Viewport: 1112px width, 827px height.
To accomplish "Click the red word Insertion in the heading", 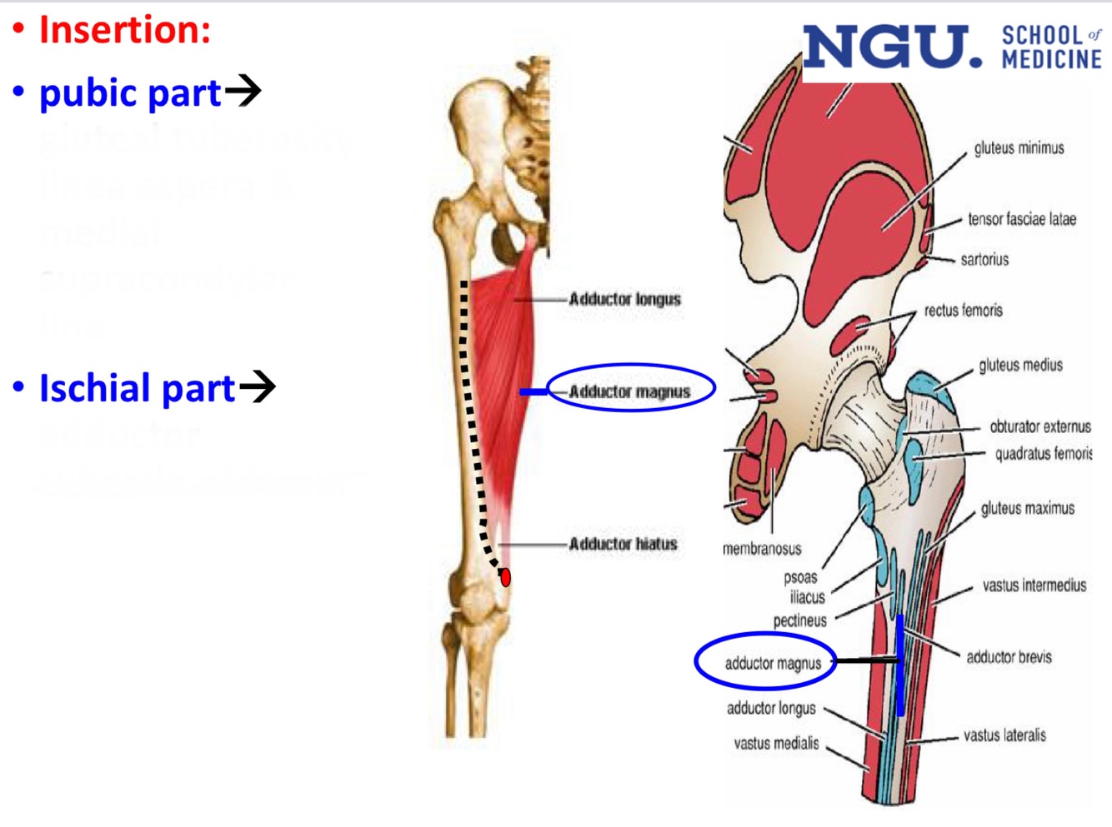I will click(124, 30).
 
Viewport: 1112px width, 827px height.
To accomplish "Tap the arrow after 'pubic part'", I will click(243, 91).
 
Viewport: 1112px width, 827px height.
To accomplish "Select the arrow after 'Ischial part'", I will click(258, 386).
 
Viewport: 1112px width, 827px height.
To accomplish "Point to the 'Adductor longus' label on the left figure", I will click(624, 299).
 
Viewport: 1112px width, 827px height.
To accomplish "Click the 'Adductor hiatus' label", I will click(623, 544).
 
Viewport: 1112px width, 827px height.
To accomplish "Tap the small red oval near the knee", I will click(505, 576).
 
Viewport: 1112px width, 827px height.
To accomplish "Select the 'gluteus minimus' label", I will click(1019, 148).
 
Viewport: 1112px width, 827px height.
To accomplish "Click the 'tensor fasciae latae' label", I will click(1021, 219).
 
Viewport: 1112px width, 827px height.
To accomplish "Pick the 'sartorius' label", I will click(984, 259).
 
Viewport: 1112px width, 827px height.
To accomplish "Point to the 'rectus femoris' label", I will click(963, 311).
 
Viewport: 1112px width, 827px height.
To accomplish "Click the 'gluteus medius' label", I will click(1020, 365).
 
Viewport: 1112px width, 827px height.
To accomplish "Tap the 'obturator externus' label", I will click(1039, 426).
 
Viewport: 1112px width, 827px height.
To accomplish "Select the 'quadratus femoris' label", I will click(1043, 454).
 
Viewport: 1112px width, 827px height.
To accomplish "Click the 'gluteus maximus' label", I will click(1027, 508).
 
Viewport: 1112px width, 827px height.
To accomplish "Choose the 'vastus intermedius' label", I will click(1034, 585).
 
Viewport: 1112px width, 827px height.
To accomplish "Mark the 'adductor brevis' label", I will click(1009, 657).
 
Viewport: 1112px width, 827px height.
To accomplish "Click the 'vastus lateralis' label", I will click(1004, 735).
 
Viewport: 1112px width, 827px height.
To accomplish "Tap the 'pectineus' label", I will click(799, 620).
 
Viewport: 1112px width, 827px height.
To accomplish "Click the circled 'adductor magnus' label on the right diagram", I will click(773, 664).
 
